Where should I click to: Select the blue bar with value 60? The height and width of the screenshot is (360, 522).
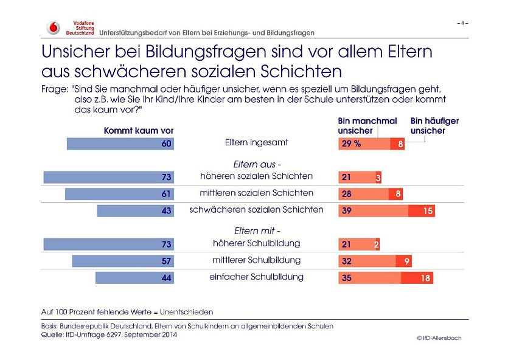120,144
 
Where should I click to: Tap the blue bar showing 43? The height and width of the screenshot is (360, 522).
135,210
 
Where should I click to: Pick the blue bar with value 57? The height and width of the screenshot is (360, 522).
123,261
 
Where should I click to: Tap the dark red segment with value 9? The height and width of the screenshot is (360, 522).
404,261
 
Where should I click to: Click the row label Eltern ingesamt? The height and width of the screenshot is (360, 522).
256,143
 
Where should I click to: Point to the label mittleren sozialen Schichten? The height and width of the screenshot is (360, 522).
257,193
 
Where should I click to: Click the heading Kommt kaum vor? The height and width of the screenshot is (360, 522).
139,131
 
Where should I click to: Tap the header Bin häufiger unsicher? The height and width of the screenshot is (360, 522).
434,126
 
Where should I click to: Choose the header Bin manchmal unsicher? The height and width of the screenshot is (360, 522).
367,126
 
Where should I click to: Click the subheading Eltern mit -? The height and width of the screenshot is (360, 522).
257,231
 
